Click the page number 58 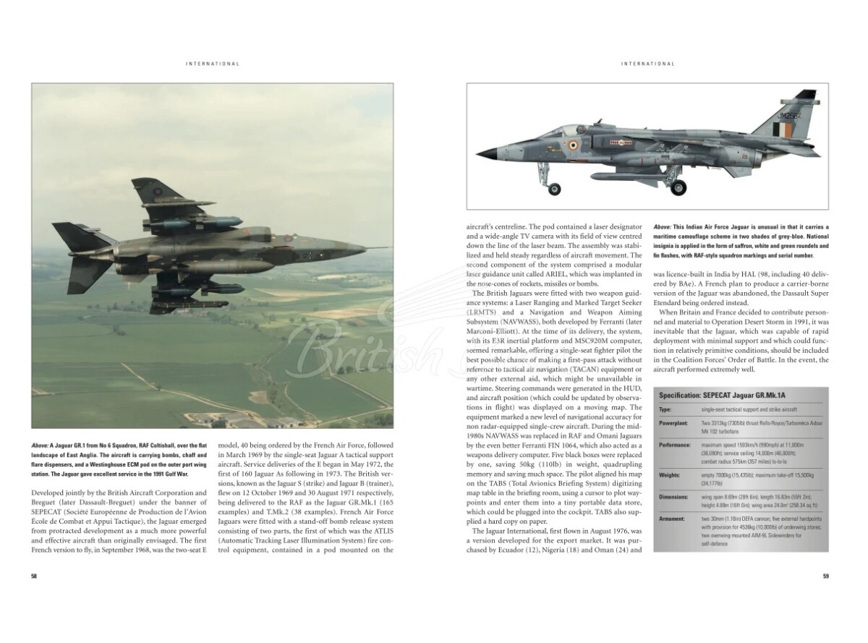tap(34, 576)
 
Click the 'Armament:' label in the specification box tap(672, 519)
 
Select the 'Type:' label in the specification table tap(665, 409)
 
